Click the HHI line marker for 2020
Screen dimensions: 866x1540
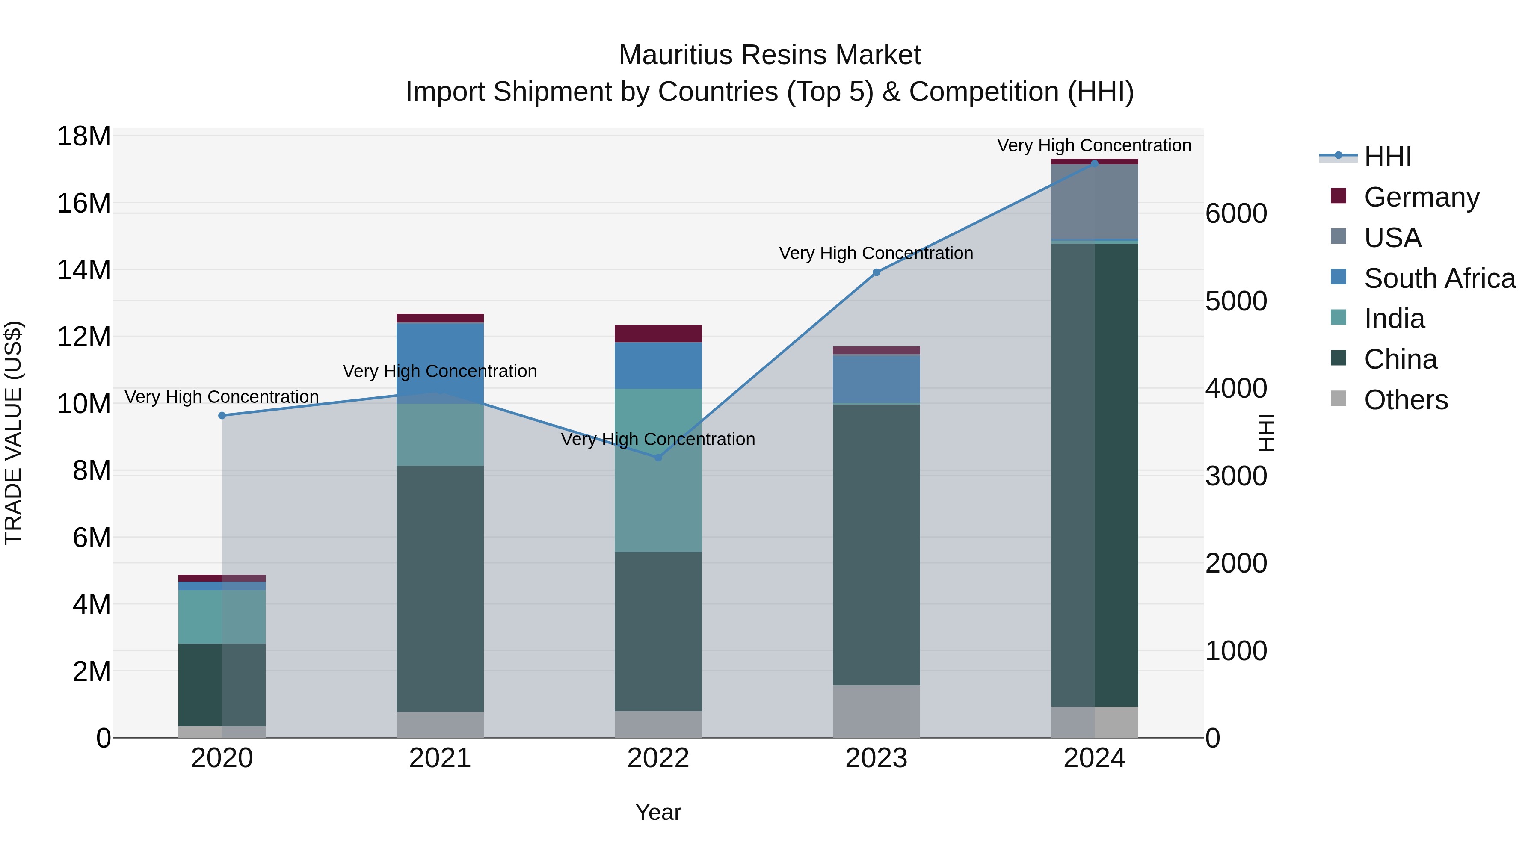click(x=222, y=415)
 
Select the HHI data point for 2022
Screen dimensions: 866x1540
click(x=658, y=458)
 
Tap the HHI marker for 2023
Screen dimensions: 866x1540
click(x=877, y=272)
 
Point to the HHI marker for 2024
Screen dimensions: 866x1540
click(x=1095, y=163)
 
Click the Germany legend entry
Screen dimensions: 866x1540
click(x=1421, y=197)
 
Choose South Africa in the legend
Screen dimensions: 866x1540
click(x=1439, y=278)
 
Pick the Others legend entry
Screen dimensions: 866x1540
click(x=1406, y=400)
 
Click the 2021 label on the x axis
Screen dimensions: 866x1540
click(x=440, y=758)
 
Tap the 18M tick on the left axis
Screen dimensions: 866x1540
click(x=84, y=136)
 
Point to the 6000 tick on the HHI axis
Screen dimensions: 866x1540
click(x=1236, y=213)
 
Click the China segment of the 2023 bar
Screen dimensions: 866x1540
click(x=877, y=544)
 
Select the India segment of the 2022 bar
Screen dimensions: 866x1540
click(x=658, y=470)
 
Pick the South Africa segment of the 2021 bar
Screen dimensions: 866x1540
click(x=440, y=363)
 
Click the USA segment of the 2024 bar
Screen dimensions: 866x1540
click(x=1095, y=202)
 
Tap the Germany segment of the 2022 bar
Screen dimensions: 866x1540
click(x=658, y=334)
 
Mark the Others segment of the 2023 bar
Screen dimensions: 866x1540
click(x=877, y=711)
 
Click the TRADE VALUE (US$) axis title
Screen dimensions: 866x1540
click(x=13, y=433)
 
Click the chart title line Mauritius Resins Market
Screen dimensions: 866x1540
click(x=770, y=55)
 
